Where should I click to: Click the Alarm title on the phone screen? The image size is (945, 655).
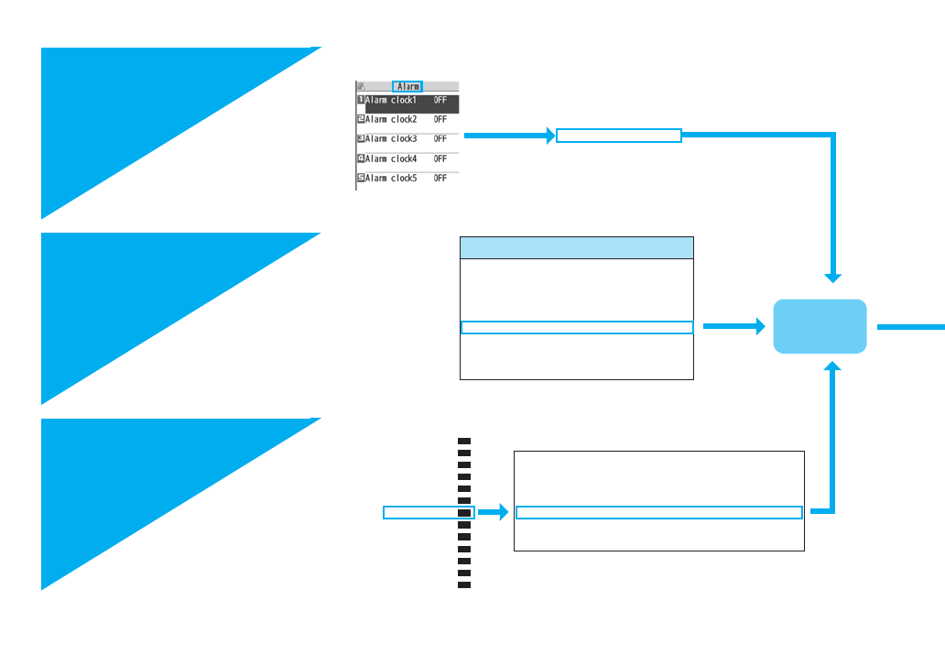point(407,86)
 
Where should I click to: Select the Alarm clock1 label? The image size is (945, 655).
point(391,99)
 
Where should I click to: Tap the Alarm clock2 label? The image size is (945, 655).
point(391,119)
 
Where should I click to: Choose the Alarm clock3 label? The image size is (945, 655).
point(391,139)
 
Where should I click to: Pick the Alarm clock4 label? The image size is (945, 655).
point(391,158)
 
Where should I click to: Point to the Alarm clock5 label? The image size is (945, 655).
point(391,178)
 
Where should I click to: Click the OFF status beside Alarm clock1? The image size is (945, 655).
point(440,99)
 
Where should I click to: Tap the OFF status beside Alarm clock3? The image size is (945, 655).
point(440,139)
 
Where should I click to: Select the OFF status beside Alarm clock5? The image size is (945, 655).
point(440,178)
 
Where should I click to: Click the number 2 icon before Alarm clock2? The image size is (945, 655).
point(361,119)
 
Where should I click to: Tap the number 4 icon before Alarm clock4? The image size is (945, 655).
point(361,158)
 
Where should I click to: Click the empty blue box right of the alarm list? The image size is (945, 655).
point(619,136)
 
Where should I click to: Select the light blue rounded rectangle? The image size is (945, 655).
point(820,326)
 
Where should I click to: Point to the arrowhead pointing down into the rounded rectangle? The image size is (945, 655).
point(832,276)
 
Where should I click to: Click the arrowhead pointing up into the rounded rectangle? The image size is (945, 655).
point(832,367)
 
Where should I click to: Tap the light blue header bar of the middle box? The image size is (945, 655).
point(576,247)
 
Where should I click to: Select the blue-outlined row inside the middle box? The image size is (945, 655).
point(576,327)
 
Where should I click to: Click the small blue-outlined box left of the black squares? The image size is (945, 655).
point(427,512)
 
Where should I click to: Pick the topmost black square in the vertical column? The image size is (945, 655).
point(464,442)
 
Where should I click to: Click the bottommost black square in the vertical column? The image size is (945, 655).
point(464,584)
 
